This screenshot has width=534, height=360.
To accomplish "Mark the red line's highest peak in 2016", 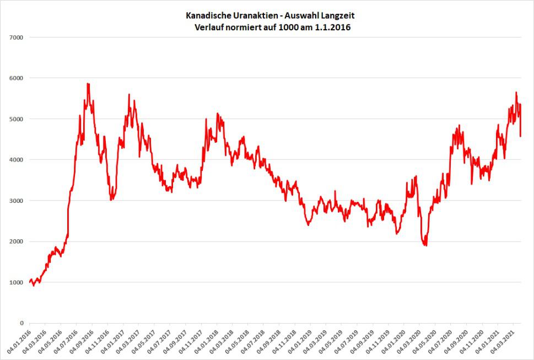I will [88, 84].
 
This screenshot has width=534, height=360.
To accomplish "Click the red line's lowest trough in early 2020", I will [425, 245].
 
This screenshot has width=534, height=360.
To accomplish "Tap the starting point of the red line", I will [29, 282].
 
